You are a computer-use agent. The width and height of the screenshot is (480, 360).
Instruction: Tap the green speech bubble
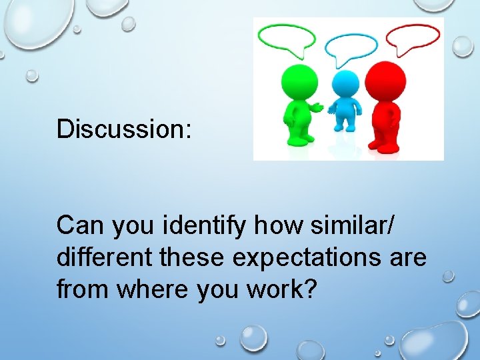tap(287, 39)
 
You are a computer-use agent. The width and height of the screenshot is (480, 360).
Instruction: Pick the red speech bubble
tap(413, 39)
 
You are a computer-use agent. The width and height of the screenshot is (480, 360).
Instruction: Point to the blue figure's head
tap(345, 85)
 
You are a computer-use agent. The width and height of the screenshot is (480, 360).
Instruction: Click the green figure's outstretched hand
tap(318, 107)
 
